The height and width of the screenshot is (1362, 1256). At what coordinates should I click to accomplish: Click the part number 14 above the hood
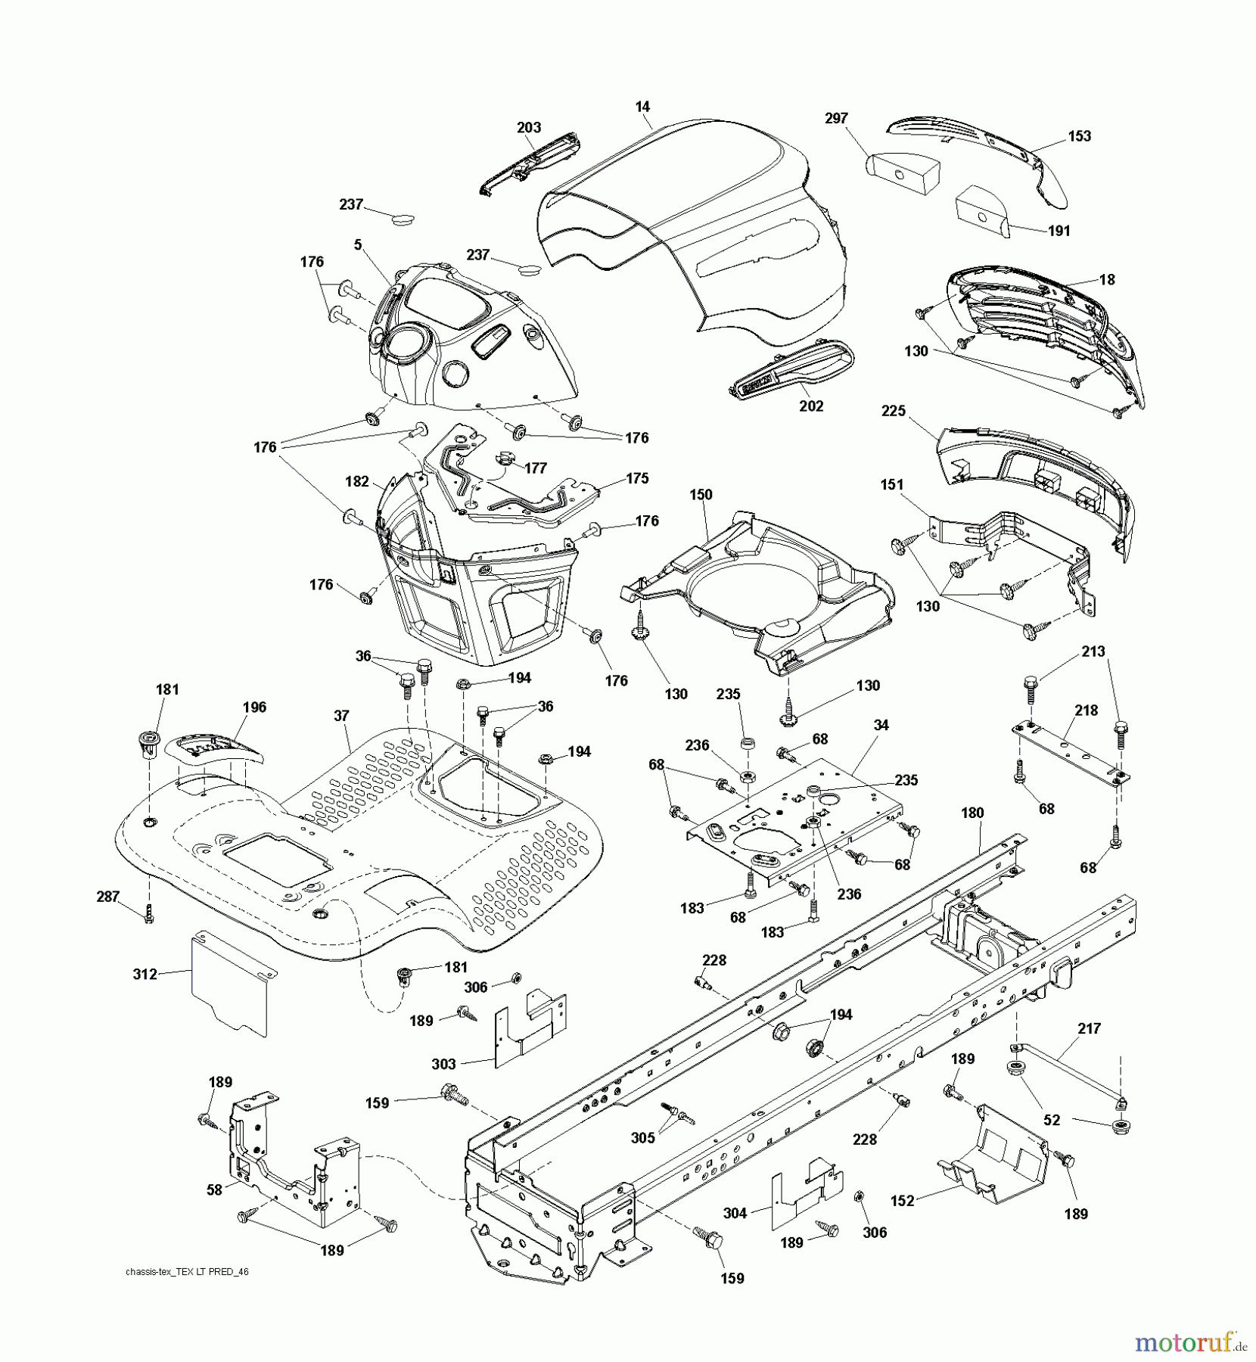point(642,107)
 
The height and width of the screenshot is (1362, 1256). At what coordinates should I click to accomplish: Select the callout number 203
point(529,128)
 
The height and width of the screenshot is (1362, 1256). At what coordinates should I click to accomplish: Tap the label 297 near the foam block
point(836,118)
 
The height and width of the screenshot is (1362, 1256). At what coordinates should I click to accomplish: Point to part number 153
point(1079,136)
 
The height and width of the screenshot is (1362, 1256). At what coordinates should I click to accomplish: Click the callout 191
point(1059,231)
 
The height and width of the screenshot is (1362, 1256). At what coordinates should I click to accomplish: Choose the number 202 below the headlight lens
point(811,406)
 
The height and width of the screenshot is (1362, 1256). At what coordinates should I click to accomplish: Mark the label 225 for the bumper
point(894,411)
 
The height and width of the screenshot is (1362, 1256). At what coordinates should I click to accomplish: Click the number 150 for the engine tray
point(701,495)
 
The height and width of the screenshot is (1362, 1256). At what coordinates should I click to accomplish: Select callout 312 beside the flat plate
point(145,975)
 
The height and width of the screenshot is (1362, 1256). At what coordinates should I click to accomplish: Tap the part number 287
point(108,897)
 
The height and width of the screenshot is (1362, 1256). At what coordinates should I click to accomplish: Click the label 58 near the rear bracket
point(215,1190)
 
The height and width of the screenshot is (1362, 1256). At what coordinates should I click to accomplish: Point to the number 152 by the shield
point(903,1200)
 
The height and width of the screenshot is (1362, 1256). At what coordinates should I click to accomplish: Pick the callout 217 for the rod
point(1089,1029)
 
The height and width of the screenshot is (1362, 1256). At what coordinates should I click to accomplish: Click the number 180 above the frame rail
point(972,813)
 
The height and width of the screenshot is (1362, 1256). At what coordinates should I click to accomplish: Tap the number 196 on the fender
point(254,707)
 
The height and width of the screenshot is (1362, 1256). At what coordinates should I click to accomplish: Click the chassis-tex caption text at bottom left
point(187,1273)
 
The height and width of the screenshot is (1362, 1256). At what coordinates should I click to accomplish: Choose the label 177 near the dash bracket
point(535,468)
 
